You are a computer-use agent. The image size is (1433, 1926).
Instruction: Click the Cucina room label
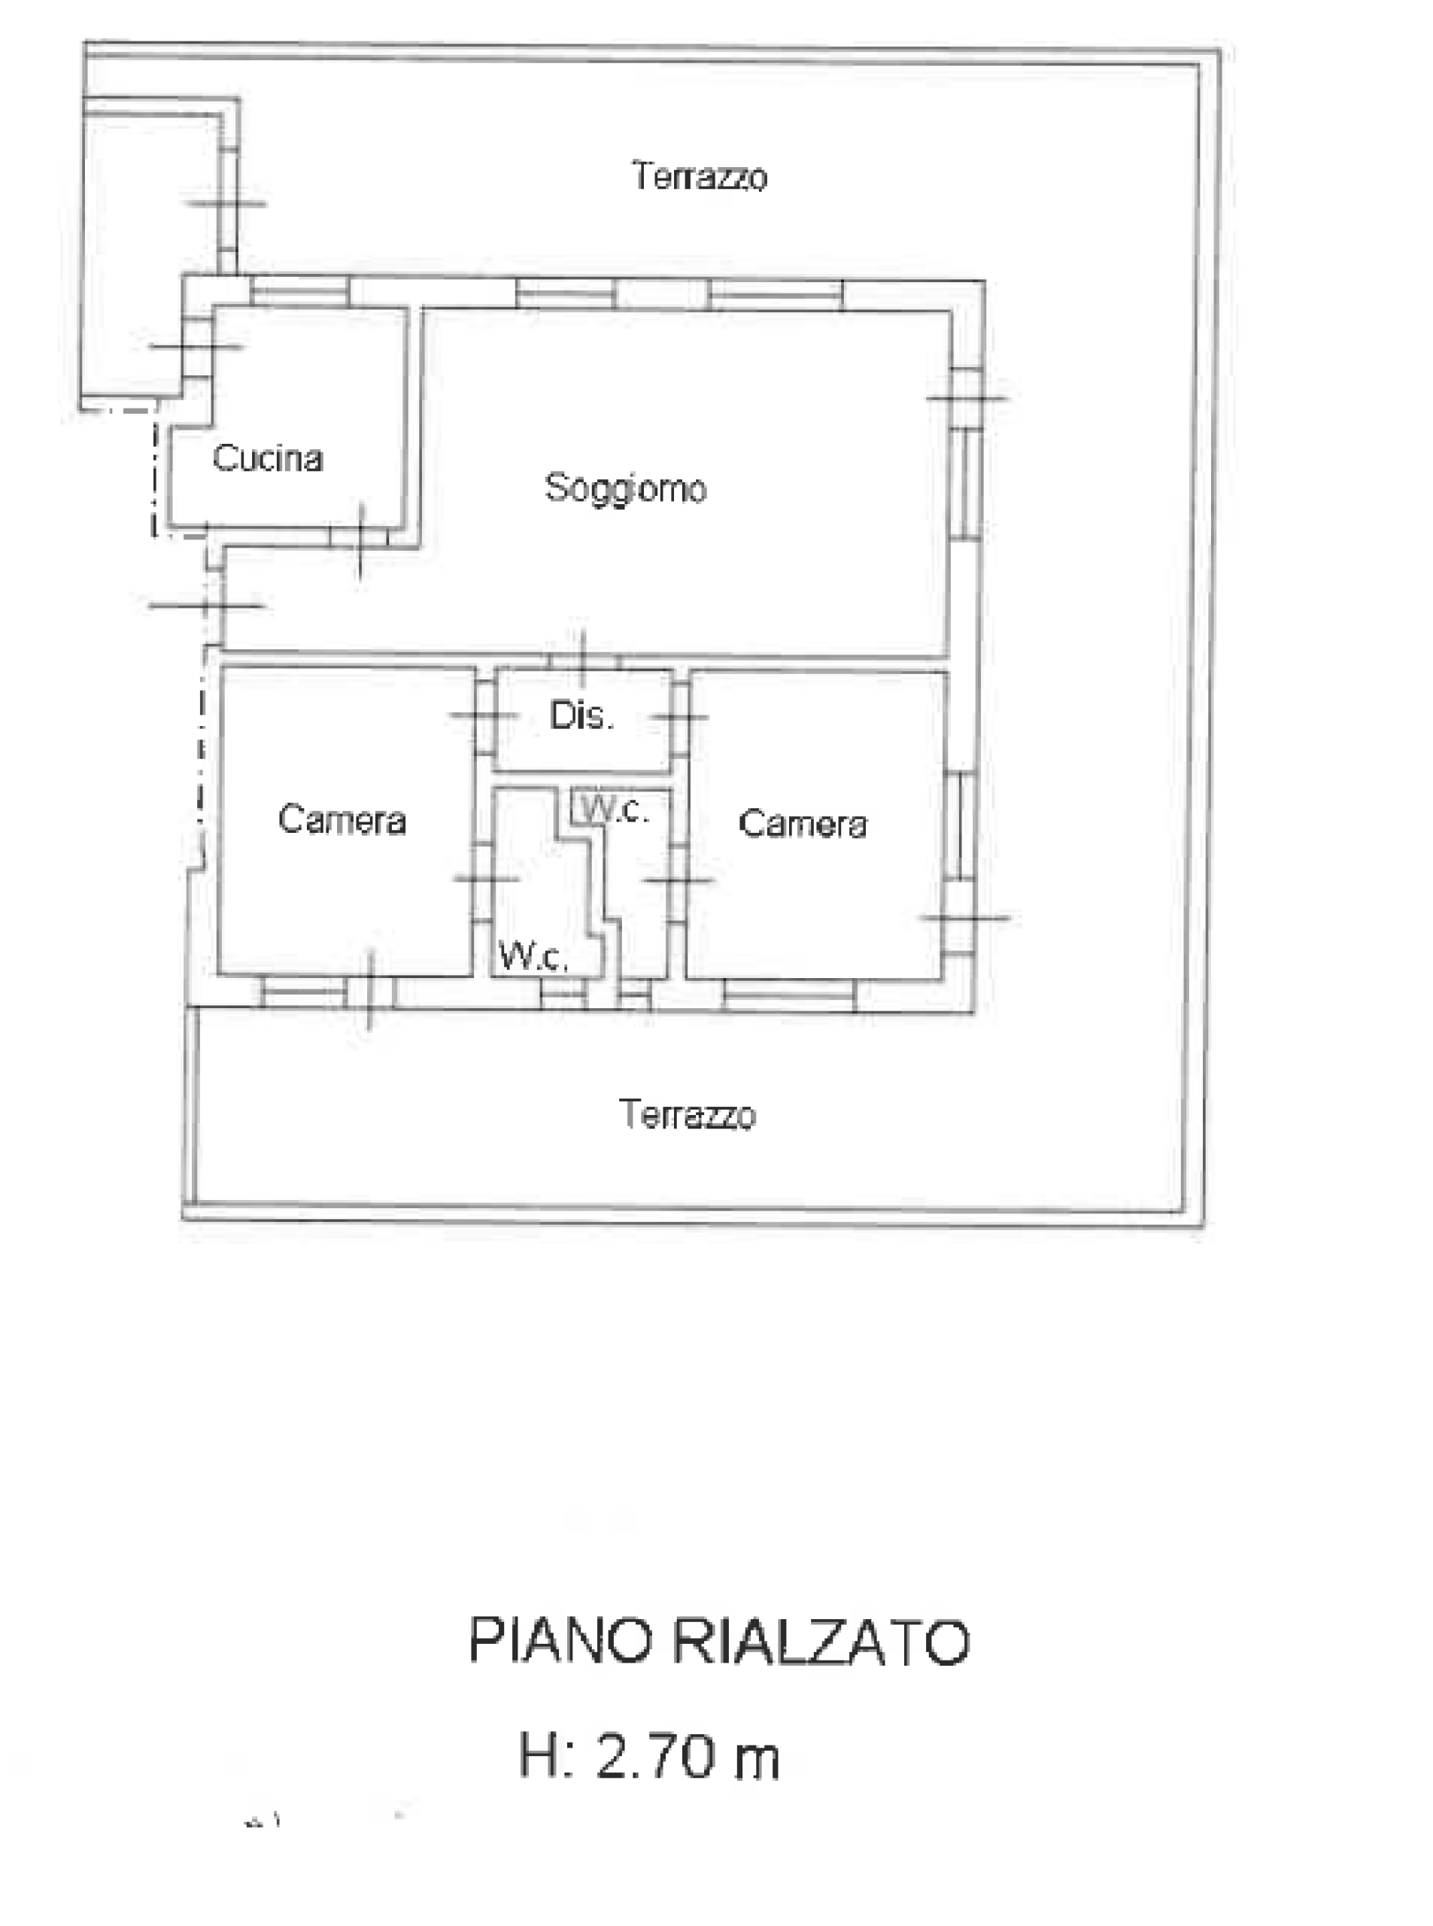point(268,458)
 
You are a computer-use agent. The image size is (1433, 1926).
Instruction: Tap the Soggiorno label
point(625,488)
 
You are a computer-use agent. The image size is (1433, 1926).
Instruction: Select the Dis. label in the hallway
point(581,715)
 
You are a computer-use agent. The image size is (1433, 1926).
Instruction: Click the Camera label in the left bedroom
point(342,820)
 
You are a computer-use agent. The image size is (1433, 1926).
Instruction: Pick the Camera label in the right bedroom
point(803,823)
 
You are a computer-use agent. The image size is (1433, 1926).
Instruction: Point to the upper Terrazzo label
point(699,176)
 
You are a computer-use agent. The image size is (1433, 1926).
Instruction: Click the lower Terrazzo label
point(688,1114)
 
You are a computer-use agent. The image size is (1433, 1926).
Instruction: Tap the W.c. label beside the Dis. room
point(614,810)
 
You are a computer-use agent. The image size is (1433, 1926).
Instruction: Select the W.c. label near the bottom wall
point(533,956)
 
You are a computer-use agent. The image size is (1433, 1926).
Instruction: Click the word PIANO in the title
point(560,1639)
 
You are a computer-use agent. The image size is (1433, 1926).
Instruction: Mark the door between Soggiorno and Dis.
point(584,662)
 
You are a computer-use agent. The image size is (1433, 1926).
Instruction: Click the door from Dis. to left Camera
point(484,715)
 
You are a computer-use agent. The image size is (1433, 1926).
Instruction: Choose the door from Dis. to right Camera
point(679,717)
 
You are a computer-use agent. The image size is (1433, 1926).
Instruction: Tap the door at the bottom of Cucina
point(360,539)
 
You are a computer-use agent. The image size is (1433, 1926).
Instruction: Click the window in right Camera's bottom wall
point(789,995)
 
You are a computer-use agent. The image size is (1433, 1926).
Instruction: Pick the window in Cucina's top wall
point(300,291)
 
